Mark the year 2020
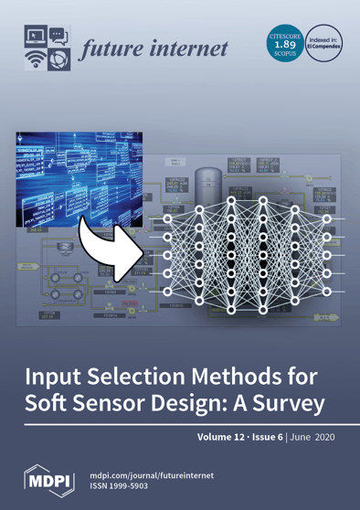coord(324,437)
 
